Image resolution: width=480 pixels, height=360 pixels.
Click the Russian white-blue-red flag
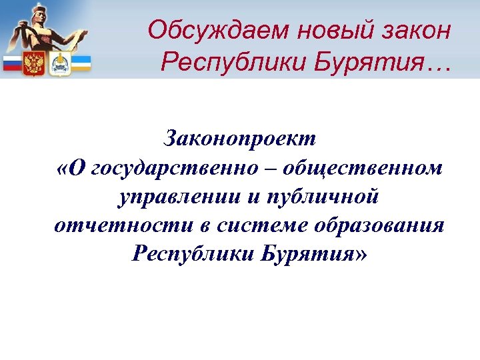tap(13, 64)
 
